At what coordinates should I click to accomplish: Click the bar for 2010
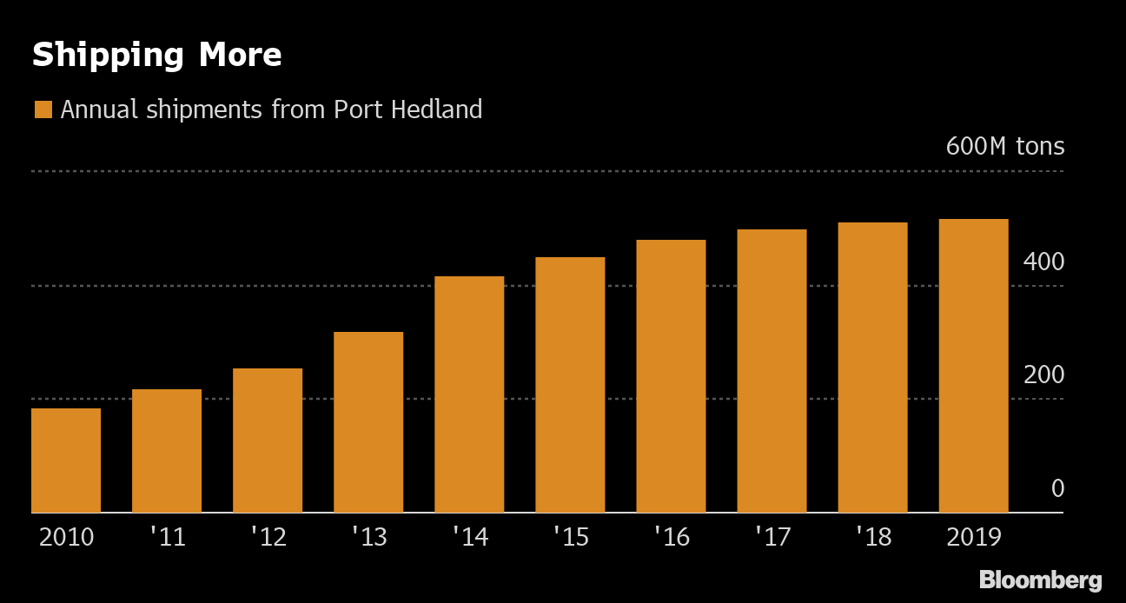(x=66, y=461)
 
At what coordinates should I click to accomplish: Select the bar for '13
(x=368, y=422)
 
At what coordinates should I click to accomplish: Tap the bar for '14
(x=469, y=394)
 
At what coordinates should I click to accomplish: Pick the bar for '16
(x=671, y=376)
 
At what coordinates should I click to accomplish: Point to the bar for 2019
(x=973, y=366)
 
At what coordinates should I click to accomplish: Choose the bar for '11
(x=167, y=451)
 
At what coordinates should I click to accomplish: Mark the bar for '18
(x=872, y=368)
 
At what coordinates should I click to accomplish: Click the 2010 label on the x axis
(x=66, y=537)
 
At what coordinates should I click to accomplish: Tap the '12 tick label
(x=268, y=537)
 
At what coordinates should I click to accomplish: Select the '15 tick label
(x=570, y=537)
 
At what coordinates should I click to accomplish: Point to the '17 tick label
(x=772, y=537)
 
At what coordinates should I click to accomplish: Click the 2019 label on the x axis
(x=973, y=537)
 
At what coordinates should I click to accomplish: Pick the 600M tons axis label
(x=1004, y=146)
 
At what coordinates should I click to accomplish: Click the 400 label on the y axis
(x=1043, y=261)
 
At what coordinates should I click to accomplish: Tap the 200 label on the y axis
(x=1043, y=374)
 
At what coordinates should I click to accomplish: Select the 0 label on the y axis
(x=1056, y=488)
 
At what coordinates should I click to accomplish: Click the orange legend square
(x=43, y=109)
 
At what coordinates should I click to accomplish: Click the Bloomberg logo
(x=1040, y=580)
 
